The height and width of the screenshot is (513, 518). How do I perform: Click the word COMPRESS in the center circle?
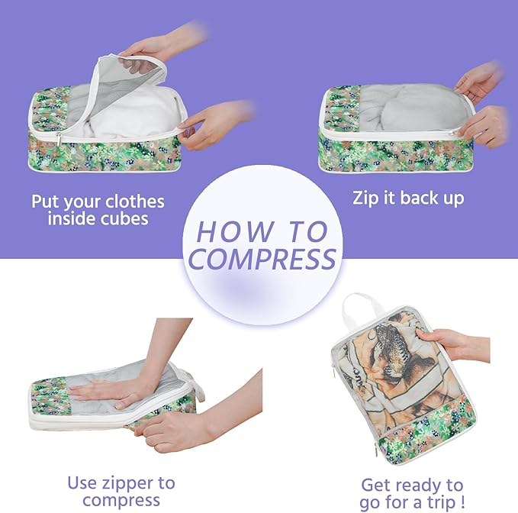pyautogui.click(x=262, y=259)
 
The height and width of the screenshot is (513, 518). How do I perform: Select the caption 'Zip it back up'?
pyautogui.click(x=408, y=198)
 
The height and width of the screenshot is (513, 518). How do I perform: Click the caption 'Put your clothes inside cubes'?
pyautogui.click(x=98, y=210)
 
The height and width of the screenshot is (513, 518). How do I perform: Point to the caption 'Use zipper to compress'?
pyautogui.click(x=121, y=492)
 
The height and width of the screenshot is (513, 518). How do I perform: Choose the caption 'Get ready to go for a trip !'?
pyautogui.click(x=412, y=494)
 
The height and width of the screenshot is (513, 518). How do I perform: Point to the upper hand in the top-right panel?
pyautogui.click(x=479, y=82)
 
